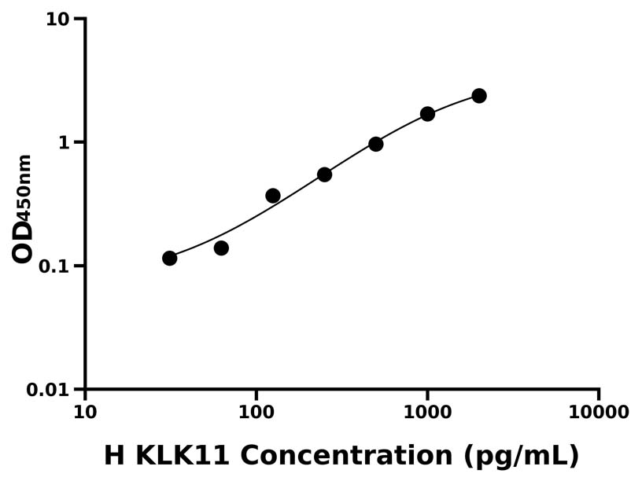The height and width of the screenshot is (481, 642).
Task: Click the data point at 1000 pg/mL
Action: (427, 114)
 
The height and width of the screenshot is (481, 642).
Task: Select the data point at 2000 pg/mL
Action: (479, 96)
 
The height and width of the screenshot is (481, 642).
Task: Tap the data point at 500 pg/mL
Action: (376, 144)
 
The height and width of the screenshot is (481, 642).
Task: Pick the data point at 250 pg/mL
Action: (324, 174)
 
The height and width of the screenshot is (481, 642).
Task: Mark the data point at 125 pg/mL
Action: (273, 196)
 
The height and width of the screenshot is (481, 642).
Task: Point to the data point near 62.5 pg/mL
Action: (221, 248)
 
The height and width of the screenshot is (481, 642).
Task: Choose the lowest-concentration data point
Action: (170, 259)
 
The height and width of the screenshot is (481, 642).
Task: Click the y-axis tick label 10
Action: (57, 19)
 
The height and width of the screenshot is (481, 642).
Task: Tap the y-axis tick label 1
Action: (65, 143)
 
